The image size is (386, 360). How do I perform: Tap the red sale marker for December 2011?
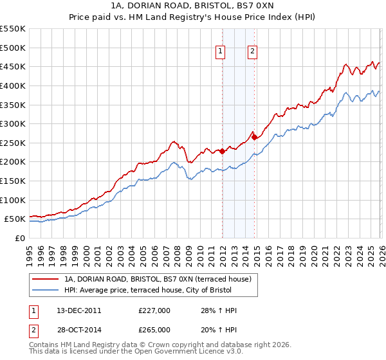pyautogui.click(x=223, y=152)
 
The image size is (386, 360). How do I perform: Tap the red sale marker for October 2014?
pyautogui.click(x=255, y=137)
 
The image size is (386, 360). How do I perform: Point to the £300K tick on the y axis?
pyautogui.click(x=13, y=123)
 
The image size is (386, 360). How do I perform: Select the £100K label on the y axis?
pyautogui.click(x=13, y=200)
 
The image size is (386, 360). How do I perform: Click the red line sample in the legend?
pyautogui.click(x=46, y=279)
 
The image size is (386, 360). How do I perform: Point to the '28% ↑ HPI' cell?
pyautogui.click(x=219, y=310)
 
